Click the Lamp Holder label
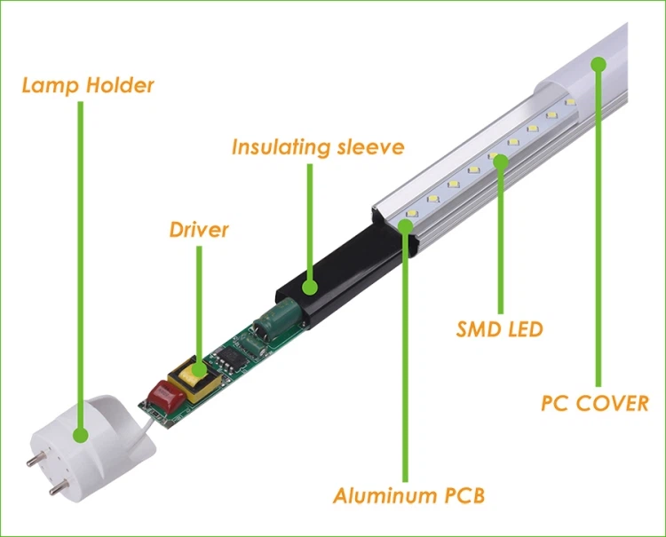(x=88, y=86)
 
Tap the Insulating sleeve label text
(x=318, y=146)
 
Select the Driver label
(x=199, y=230)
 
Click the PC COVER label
(x=595, y=403)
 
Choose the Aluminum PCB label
(x=409, y=494)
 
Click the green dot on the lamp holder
(x=81, y=435)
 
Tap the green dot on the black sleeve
(x=310, y=287)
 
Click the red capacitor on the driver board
(x=163, y=395)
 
